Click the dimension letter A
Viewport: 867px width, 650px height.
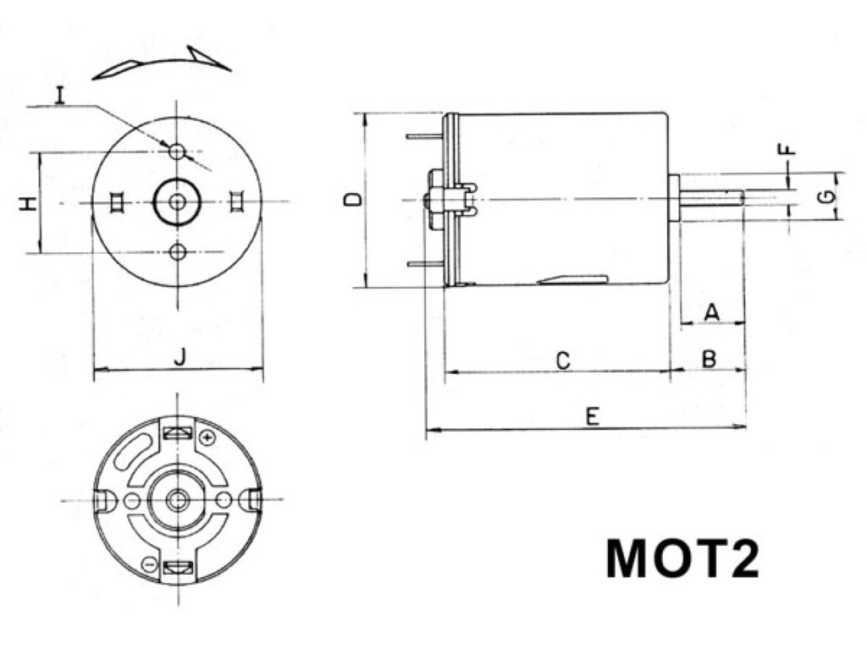click(x=711, y=312)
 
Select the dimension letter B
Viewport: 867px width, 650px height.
click(x=709, y=359)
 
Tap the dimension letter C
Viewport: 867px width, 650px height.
click(x=563, y=361)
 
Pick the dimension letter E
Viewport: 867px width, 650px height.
click(x=593, y=416)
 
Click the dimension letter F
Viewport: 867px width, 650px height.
click(x=787, y=150)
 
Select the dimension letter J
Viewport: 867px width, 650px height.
click(x=179, y=358)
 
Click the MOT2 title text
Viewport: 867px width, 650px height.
click(x=682, y=559)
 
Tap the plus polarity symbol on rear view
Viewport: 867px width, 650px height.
click(x=207, y=438)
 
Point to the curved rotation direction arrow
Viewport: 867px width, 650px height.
click(x=161, y=64)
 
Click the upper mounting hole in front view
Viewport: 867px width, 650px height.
click(x=177, y=151)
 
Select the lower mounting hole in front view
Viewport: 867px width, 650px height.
click(x=177, y=251)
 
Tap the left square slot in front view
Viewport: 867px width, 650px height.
click(x=117, y=201)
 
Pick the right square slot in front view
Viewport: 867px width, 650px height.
click(x=237, y=201)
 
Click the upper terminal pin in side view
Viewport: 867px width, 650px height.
click(x=425, y=135)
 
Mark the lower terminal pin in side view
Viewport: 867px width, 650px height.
click(x=425, y=264)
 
